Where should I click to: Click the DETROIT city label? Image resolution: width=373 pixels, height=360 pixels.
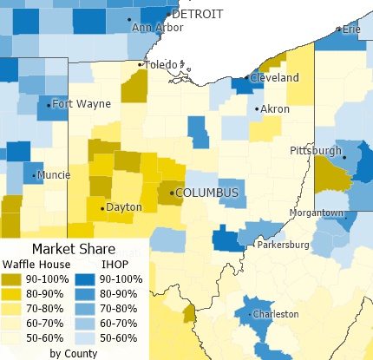point(199,14)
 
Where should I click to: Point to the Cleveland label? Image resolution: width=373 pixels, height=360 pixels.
point(275,78)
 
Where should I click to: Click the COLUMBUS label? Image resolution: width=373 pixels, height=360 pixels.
point(206,193)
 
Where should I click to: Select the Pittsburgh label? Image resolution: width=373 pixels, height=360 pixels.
point(316,151)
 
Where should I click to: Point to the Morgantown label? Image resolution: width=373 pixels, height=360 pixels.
point(317,213)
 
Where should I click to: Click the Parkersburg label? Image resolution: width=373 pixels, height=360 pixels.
point(285,245)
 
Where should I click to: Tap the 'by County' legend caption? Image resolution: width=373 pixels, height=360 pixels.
point(73,353)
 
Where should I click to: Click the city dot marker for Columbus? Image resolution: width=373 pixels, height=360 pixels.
point(171,192)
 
